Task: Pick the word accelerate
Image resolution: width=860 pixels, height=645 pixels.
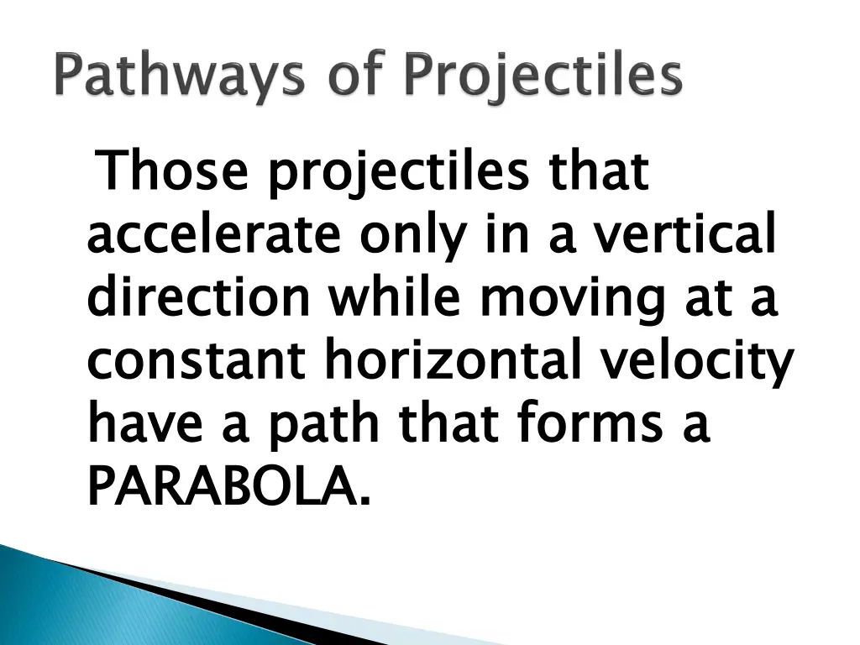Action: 214,237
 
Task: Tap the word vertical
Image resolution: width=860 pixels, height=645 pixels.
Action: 683,237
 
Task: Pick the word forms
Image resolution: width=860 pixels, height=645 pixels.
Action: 571,424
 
